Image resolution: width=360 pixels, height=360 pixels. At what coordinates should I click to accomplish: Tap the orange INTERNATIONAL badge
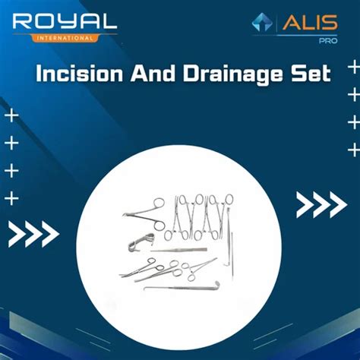(65, 36)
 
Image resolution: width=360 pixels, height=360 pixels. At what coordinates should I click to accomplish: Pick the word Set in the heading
(311, 74)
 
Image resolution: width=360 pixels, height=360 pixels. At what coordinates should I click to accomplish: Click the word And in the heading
(151, 74)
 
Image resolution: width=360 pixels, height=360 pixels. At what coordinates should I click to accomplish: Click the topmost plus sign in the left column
(11, 116)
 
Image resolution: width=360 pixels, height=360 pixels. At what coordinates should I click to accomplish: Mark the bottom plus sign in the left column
(11, 199)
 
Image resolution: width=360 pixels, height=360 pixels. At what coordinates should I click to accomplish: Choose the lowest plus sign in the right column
(352, 149)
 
